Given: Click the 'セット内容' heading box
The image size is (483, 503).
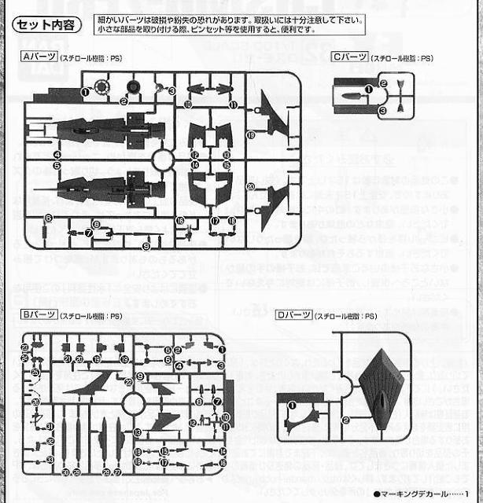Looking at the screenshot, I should point(44,24).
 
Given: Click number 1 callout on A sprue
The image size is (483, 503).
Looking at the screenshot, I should point(84,92).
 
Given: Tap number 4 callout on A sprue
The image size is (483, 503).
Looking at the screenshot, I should point(57,156).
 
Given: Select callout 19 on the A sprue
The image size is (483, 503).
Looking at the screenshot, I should point(251,135).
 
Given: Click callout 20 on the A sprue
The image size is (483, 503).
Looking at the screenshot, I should point(249,186).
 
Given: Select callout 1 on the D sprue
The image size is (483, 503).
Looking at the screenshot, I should point(291,406).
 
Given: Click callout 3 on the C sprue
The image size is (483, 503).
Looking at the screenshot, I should point(382,112).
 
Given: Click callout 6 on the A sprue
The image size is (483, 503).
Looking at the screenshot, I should point(48,218).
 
